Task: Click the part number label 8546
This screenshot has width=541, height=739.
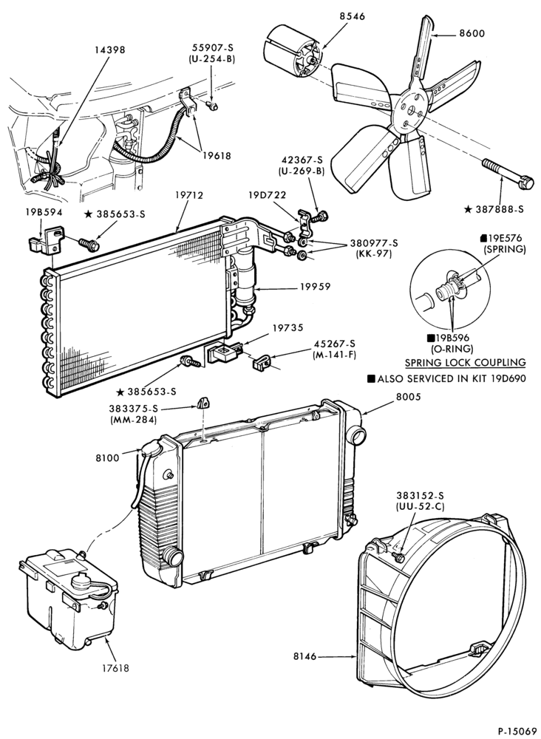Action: (x=352, y=16)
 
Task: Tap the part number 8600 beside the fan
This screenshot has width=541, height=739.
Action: (x=472, y=33)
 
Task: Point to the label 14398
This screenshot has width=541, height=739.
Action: (x=110, y=50)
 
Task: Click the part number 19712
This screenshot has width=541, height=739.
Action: (x=189, y=194)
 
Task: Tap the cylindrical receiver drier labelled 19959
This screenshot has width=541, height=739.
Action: (x=246, y=279)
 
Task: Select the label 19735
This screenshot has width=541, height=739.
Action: (x=288, y=327)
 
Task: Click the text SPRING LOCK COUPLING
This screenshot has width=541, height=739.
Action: (x=466, y=362)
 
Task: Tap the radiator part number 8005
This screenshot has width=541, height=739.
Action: (x=408, y=397)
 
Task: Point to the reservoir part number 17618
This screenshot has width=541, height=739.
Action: (x=115, y=667)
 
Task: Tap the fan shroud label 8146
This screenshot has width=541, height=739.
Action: (x=304, y=656)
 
